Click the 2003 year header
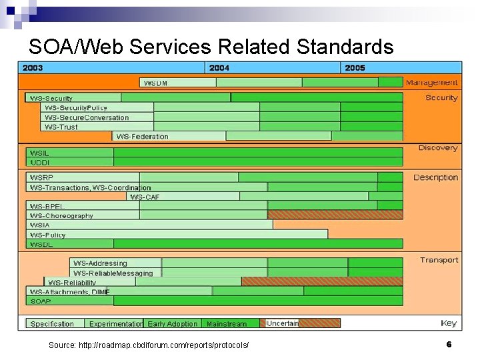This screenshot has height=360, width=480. pos(33,67)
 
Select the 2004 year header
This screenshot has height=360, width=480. pos(219,67)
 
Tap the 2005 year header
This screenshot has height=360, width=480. pos(355,67)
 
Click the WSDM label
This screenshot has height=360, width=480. pos(156,83)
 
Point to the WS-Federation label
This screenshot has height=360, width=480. pos(142,136)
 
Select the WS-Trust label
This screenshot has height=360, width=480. pos(61,127)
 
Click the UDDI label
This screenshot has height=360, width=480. pos(40,162)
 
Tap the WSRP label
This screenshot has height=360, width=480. pos(41,177)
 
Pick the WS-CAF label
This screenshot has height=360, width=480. pos(145,197)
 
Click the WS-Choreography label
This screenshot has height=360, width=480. pos(61,216)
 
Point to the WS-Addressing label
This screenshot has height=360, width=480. pos(100,263)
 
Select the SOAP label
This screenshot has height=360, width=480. pos(40,301)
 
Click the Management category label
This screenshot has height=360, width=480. pos(431,83)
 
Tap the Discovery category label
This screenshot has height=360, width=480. pos(437,147)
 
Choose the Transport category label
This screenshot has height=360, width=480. pos(439,260)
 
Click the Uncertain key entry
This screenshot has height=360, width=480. pos(282,323)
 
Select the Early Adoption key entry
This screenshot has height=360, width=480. pos(173,324)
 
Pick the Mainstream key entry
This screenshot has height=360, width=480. pos(227,324)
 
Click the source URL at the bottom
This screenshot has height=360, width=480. pos(149,345)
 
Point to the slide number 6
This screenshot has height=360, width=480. pos(449,345)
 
